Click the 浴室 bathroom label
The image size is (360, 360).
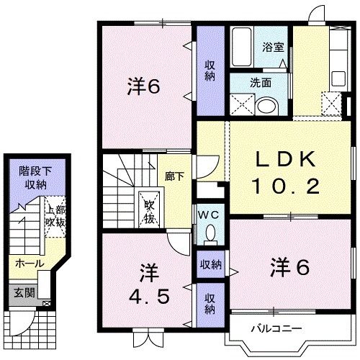point(273,47)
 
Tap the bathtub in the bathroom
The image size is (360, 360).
point(242,47)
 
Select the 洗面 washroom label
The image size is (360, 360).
point(261,83)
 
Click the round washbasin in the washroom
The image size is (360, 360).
point(266,107)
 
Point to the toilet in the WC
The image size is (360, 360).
point(211,233)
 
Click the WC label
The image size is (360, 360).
point(208,215)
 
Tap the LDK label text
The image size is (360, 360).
point(286,159)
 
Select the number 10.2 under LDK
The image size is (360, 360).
point(285,186)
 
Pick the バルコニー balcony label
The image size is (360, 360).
point(276,328)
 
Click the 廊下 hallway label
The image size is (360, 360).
point(174,176)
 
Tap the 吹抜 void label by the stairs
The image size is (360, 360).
point(149,212)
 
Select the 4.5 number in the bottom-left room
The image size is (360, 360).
point(149,297)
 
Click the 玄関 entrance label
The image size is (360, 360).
point(24,293)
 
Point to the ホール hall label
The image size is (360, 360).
point(30,264)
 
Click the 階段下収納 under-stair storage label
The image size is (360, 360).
point(36,178)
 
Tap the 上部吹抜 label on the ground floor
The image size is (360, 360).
point(55,217)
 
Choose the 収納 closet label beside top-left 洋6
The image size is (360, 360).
point(210,71)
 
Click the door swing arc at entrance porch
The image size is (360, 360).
point(27,325)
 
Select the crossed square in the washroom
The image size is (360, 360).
point(242,104)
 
